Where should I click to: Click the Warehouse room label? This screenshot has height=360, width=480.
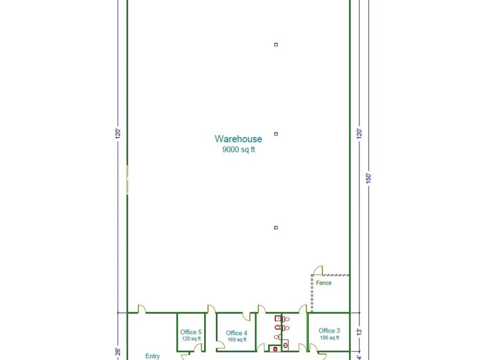pos(238,139)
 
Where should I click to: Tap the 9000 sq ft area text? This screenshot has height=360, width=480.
pos(238,149)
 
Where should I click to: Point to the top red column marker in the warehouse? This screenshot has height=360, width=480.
pos(276,45)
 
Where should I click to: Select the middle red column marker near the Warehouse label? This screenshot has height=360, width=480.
pos(276,134)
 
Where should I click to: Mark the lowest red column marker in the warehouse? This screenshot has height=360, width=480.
pos(276,228)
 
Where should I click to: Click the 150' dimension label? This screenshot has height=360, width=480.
pos(369,178)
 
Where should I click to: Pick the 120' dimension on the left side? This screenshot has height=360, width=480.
pos(118,134)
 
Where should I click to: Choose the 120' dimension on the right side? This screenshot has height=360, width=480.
pos(359,134)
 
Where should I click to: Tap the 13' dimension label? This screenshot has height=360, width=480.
pos(359,332)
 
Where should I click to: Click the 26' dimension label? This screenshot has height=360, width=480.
pos(118,351)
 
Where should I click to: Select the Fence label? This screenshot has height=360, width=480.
pos(324,283)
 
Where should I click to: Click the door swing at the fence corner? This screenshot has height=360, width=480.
pos(318,271)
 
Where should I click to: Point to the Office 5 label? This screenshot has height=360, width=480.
pos(191,332)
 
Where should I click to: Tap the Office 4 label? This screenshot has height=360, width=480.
pos(236,333)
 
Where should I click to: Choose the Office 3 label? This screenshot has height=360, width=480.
pos(329,331)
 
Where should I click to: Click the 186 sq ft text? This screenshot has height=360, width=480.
pos(329,338)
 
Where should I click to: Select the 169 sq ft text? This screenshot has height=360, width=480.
pos(237,339)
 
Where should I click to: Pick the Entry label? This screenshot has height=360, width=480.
pos(152,356)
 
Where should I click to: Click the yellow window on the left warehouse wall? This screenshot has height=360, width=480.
pos(127,179)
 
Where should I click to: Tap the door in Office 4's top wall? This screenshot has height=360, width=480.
pos(246,316)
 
